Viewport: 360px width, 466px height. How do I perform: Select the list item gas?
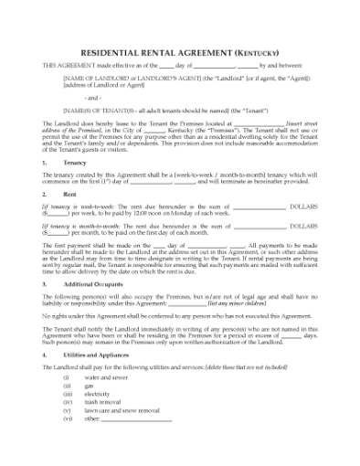coord(90,386)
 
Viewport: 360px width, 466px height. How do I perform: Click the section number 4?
coord(45,354)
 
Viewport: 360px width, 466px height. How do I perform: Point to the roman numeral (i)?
coord(66,377)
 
